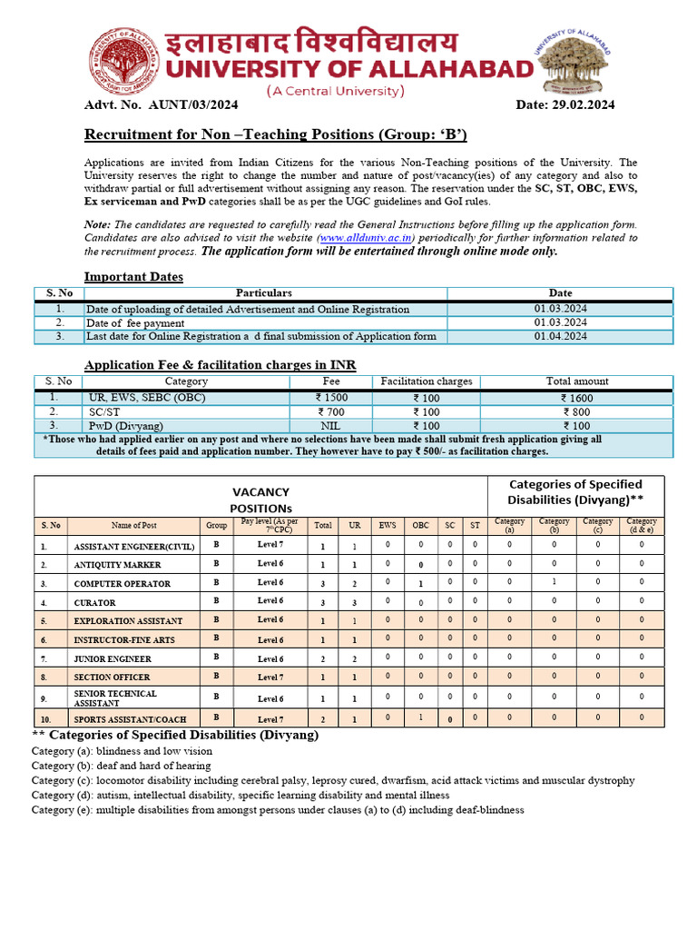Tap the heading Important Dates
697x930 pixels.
(x=133, y=276)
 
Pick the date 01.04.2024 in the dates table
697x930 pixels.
(x=560, y=336)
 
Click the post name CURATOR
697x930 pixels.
(x=94, y=602)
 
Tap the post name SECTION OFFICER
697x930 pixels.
(x=112, y=678)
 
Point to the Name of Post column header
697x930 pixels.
(x=133, y=525)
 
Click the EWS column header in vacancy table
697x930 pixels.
(x=388, y=525)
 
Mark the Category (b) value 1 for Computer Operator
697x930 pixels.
(x=554, y=582)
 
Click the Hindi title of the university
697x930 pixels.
(x=311, y=43)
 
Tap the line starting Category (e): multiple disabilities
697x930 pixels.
(x=277, y=810)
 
